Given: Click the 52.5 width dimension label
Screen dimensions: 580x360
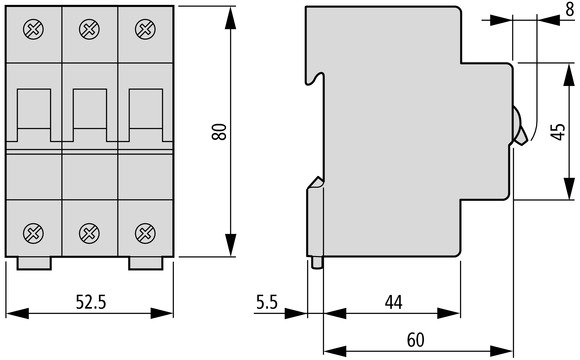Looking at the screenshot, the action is [x=91, y=302].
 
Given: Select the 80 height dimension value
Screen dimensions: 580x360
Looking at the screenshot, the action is [x=219, y=132].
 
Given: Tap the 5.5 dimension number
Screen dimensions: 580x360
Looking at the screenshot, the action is [x=267, y=302].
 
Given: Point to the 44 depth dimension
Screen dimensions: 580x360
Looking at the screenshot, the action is [x=393, y=302].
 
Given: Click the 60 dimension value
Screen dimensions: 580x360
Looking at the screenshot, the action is [x=416, y=340].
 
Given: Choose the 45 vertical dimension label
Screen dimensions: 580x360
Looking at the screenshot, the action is [x=558, y=132].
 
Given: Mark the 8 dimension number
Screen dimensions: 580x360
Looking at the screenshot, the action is [x=570, y=9].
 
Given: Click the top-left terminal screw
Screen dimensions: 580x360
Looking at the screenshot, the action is [x=33, y=29].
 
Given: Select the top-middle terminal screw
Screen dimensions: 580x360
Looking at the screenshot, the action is [x=89, y=29].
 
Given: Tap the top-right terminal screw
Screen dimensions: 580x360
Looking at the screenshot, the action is [x=145, y=29].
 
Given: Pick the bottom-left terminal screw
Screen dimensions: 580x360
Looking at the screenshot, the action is [x=33, y=233].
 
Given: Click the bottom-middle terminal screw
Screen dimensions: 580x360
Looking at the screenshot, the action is [x=89, y=233].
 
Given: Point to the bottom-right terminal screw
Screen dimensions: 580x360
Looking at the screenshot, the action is [x=145, y=233].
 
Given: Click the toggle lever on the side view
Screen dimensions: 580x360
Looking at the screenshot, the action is [x=519, y=126].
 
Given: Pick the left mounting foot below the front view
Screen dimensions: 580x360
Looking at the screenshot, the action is [x=34, y=263].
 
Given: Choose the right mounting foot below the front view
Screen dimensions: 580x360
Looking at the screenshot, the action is [x=145, y=263].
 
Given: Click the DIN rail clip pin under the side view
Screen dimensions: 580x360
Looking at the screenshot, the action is [x=317, y=262].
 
